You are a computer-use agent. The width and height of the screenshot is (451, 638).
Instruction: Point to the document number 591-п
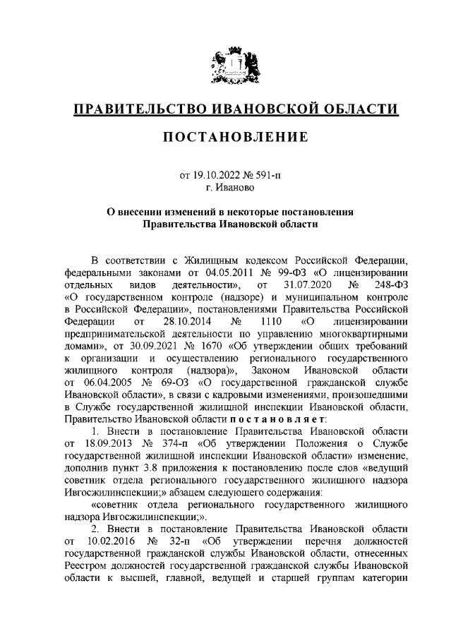(x=267, y=175)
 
